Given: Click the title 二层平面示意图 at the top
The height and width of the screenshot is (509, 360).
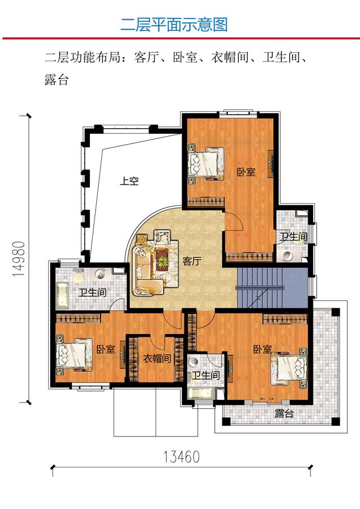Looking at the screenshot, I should [174, 25].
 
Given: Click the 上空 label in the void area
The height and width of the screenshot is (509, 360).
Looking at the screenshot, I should [129, 181].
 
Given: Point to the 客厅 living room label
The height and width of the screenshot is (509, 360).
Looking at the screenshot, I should [192, 262].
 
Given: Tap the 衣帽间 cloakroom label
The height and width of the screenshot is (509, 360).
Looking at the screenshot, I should [156, 358].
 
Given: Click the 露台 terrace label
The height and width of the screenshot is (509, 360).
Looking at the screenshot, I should [284, 414].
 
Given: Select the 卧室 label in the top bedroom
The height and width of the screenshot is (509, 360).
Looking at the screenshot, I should [246, 172].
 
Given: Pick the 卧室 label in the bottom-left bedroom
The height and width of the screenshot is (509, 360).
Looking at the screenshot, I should [106, 349].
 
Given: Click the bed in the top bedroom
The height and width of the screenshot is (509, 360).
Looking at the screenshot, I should [204, 163].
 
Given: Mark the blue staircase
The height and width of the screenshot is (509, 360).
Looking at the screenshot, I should [261, 287].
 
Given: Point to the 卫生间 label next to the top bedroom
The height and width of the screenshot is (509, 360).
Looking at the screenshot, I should [293, 237].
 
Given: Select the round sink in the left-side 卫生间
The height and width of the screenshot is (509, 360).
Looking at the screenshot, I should [101, 274].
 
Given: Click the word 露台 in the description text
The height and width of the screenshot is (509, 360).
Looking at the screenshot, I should [56, 79].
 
